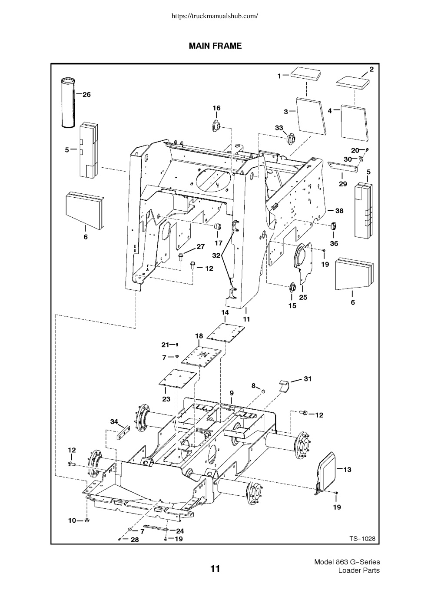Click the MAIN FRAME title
click(x=215, y=46)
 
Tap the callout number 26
click(x=86, y=95)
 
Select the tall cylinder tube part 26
click(x=68, y=103)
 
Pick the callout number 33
click(x=279, y=128)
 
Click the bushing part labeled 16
click(x=216, y=127)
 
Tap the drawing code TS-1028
click(x=362, y=538)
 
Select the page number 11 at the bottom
click(x=215, y=569)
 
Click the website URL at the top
click(x=215, y=16)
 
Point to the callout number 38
click(x=339, y=211)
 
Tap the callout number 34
click(x=114, y=422)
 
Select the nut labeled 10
click(x=87, y=520)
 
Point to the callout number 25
click(x=303, y=297)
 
